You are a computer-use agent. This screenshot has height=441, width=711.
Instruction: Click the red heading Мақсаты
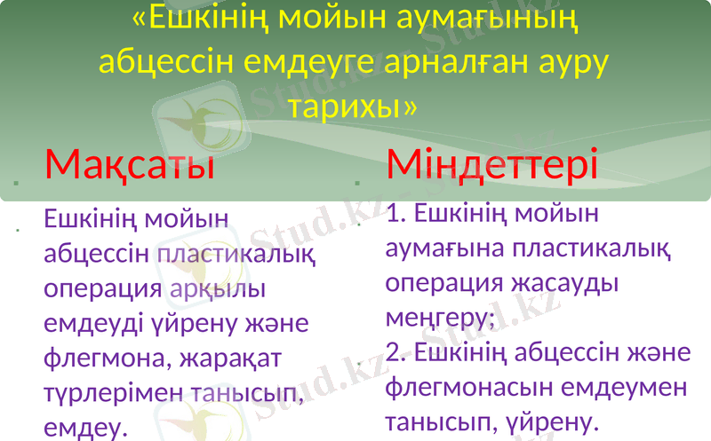pyautogui.click(x=130, y=164)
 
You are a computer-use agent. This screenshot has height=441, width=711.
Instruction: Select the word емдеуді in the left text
pyautogui.click(x=88, y=324)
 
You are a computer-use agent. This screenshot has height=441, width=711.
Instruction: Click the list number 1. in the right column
pyautogui.click(x=397, y=213)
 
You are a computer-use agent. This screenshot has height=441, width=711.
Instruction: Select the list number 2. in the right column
pyautogui.click(x=397, y=352)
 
